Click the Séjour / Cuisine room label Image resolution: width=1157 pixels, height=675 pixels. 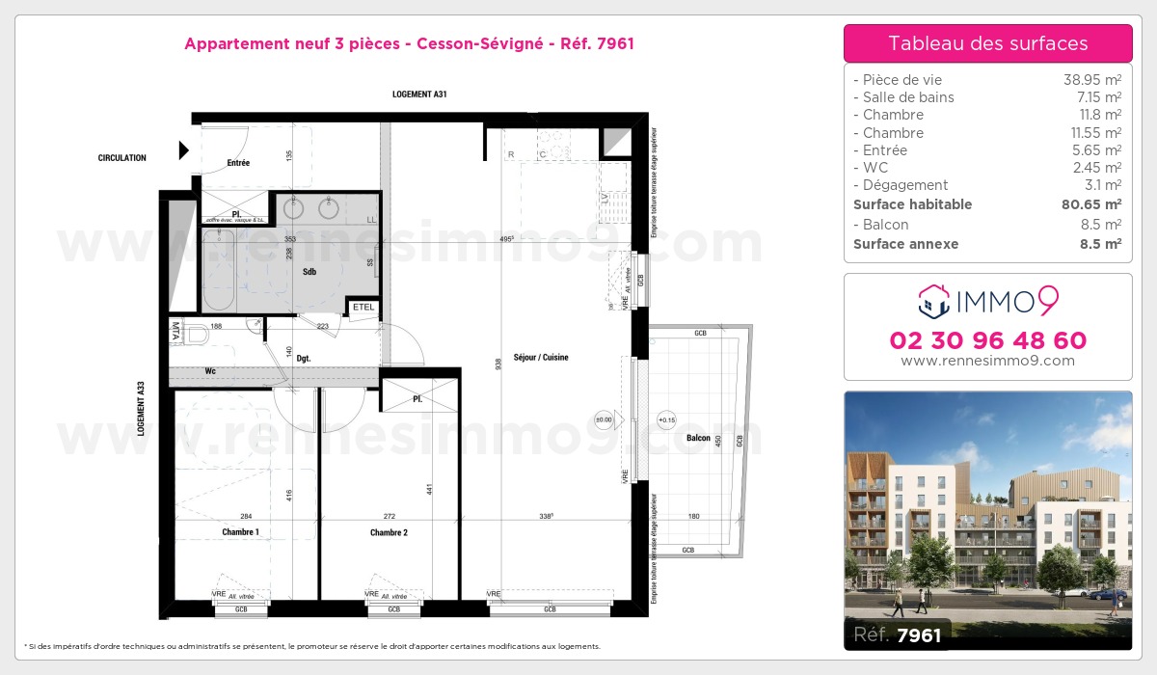click(541, 358)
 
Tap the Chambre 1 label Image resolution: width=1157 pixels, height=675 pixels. click(240, 532)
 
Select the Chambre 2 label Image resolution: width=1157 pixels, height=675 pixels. click(389, 532)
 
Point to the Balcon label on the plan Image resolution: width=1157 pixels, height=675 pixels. click(698, 439)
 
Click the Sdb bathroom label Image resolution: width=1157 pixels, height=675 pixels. click(309, 272)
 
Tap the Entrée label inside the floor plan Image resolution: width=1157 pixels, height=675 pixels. click(238, 163)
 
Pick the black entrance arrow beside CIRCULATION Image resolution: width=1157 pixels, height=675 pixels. click(183, 150)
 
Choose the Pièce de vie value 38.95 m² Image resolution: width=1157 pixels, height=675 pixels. click(1091, 80)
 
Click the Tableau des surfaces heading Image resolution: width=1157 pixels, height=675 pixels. click(987, 43)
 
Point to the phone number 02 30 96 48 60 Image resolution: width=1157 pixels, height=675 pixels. click(987, 340)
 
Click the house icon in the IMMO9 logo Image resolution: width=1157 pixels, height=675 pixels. click(932, 302)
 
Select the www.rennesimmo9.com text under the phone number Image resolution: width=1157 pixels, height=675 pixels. click(987, 361)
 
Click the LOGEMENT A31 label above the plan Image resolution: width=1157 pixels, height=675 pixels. click(419, 94)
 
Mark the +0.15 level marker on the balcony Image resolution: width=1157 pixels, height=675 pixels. click(666, 420)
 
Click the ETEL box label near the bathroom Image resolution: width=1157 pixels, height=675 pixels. click(363, 308)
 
